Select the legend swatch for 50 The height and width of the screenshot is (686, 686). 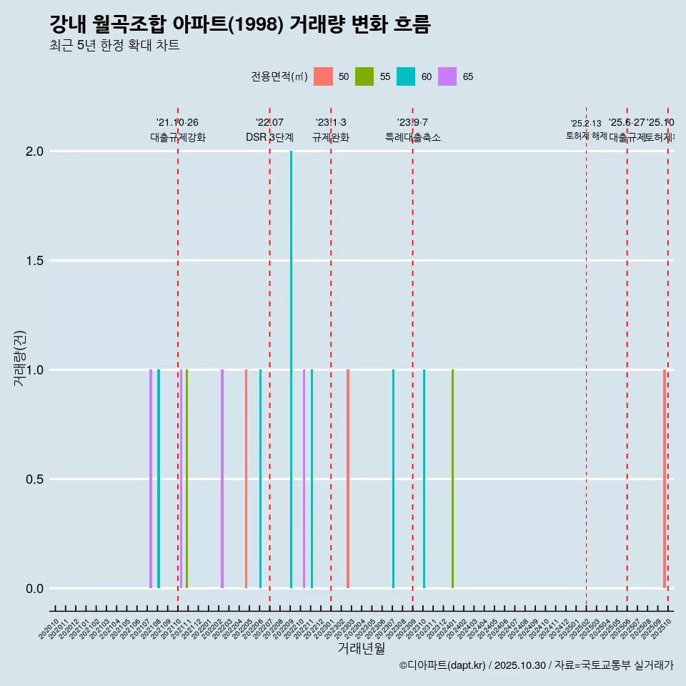coord(323,76)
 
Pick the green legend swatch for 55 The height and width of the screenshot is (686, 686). coord(364,76)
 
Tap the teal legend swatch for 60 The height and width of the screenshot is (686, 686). coord(406,76)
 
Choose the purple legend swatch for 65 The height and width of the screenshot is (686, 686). coord(447,76)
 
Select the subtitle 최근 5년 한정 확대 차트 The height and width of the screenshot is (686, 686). coord(114,46)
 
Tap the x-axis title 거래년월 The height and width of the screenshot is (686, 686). coord(361,649)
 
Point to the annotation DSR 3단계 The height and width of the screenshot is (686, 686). coord(269,138)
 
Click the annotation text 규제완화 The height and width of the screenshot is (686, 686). coord(331,138)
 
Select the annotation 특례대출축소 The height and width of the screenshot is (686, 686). coord(412,138)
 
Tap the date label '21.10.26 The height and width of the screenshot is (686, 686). coord(177,122)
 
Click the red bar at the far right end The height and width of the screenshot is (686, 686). coord(665,479)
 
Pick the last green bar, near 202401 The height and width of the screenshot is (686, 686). coord(452,479)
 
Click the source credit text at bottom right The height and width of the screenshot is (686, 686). coord(536,665)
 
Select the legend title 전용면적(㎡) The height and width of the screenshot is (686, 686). coord(279,76)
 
